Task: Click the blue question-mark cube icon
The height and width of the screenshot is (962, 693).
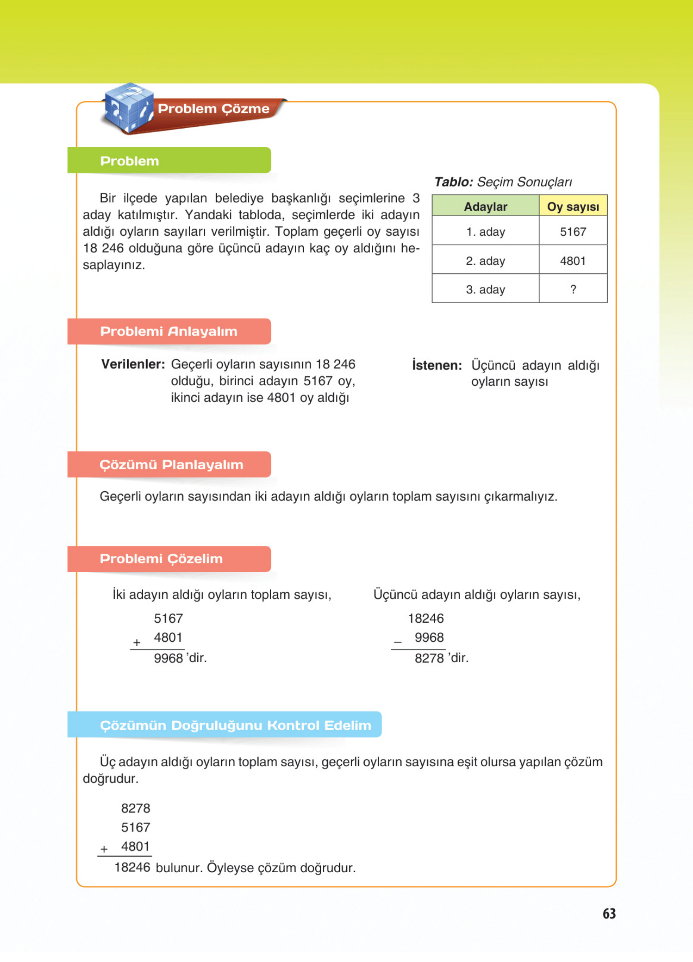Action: [x=129, y=107]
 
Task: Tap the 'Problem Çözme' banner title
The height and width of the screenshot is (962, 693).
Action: [x=213, y=109]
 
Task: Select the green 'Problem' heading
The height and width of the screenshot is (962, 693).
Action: [x=129, y=161]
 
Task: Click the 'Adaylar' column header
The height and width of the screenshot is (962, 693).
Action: [x=485, y=206]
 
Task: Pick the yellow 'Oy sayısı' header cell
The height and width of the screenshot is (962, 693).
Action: [x=573, y=206]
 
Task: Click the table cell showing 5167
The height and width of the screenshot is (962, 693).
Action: [x=573, y=232]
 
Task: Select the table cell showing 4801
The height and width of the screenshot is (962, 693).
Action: [x=573, y=260]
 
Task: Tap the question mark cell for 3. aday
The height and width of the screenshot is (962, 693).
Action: [x=573, y=289]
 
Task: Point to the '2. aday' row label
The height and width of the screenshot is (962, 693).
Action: [x=485, y=260]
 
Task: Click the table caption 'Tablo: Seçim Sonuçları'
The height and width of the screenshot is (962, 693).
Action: [x=503, y=182]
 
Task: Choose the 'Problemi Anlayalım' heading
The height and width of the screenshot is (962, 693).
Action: [x=168, y=331]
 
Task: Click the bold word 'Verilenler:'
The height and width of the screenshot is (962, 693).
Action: [x=133, y=364]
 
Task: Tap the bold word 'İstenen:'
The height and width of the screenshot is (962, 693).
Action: [x=437, y=365]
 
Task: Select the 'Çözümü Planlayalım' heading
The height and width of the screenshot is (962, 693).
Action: [x=172, y=464]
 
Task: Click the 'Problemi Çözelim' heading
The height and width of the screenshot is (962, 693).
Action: [x=161, y=559]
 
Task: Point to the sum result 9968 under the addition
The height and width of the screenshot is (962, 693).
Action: [x=168, y=658]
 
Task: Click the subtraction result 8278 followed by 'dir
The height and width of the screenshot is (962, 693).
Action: [x=429, y=658]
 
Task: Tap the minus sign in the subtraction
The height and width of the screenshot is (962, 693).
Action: [x=397, y=643]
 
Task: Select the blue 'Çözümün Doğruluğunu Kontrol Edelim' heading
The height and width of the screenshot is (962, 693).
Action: [x=236, y=725]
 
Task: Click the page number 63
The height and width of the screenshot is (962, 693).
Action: [x=609, y=913]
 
